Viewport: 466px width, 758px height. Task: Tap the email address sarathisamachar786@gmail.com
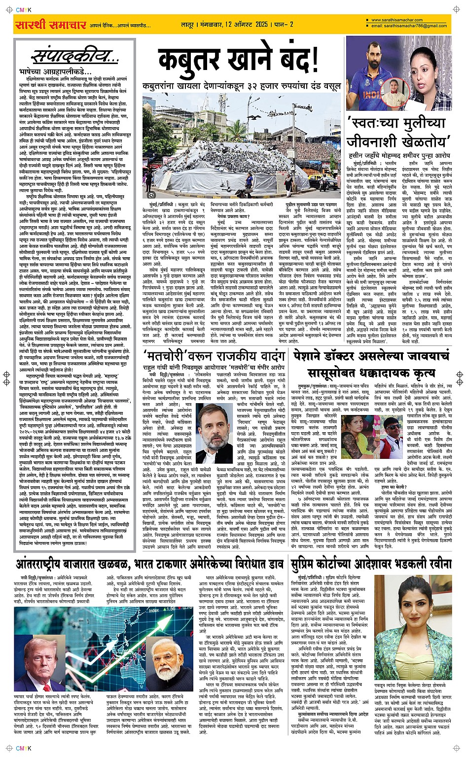coord(409,26)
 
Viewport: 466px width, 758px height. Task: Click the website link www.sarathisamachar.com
coord(394,20)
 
